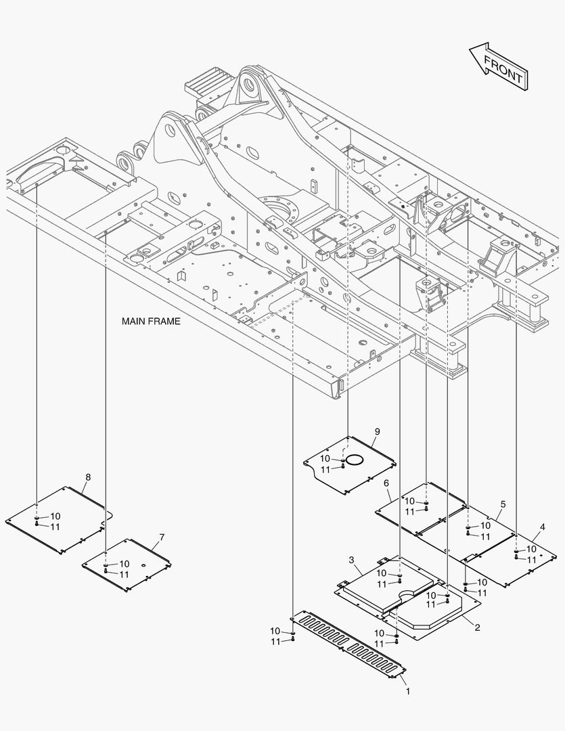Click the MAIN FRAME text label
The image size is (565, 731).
pos(151,321)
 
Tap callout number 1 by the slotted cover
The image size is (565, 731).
pos(407,692)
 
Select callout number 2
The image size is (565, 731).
pos(477,627)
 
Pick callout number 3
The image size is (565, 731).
pos(351,560)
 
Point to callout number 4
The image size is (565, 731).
pos(543,527)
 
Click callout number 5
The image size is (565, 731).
pos(503,504)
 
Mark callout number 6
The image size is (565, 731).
pos(386,483)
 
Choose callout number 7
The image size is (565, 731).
pos(162,537)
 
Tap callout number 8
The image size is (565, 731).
pos(87,477)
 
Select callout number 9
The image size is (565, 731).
pos(377,431)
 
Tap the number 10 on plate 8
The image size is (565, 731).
pos(55,516)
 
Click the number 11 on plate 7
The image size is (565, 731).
pos(124,574)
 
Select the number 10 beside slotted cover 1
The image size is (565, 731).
pos(275,631)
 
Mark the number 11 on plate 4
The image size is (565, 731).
pos(531,560)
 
